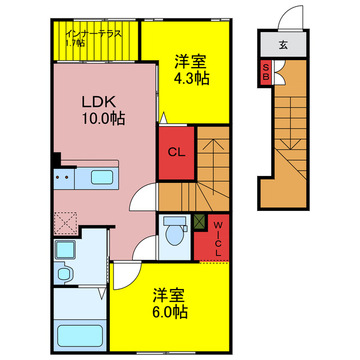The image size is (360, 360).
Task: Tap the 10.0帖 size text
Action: (103, 119)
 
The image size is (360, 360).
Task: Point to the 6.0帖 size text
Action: (169, 311)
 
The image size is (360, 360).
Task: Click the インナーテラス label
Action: (93, 33)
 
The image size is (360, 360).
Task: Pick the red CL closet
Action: (177, 152)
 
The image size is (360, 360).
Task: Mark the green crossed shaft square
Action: (200, 222)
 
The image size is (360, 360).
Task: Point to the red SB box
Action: (265, 71)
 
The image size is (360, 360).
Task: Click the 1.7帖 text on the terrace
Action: (74, 43)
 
